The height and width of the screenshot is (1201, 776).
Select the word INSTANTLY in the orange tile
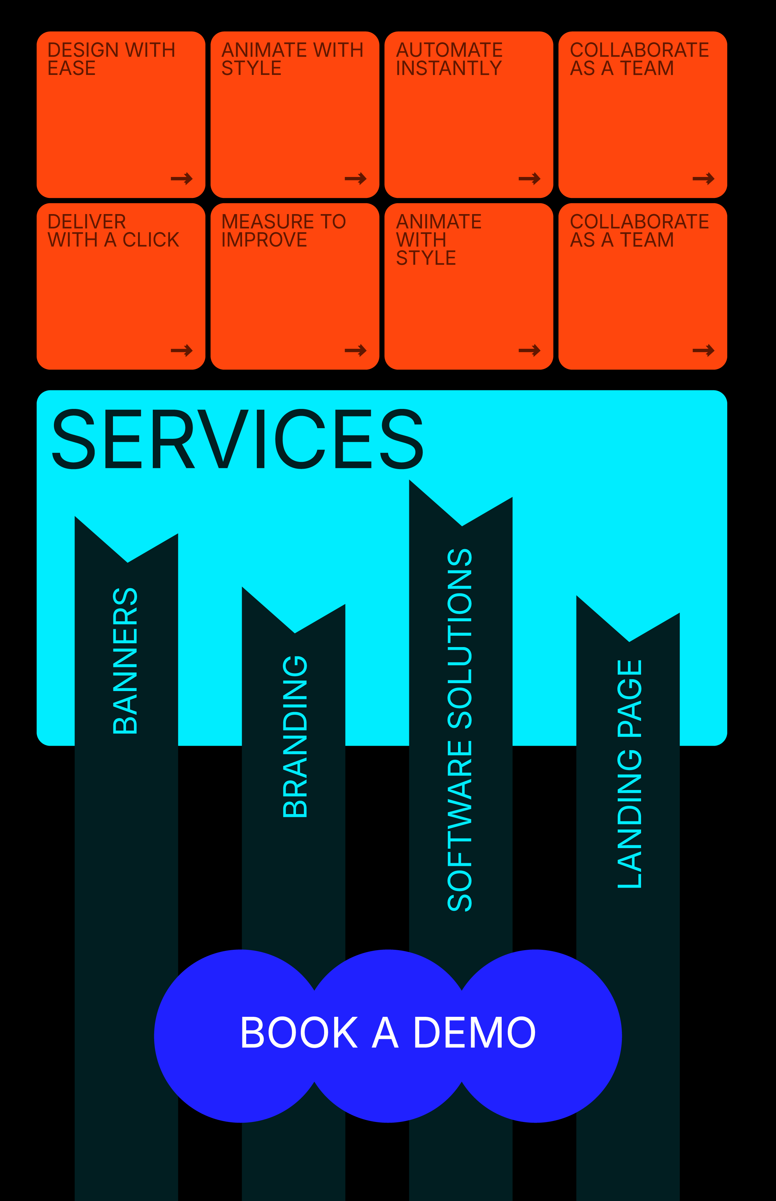448,68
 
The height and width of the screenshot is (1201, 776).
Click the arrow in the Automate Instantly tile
529,178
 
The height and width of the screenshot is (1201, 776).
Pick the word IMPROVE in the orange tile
264,240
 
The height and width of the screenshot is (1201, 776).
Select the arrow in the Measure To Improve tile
355,351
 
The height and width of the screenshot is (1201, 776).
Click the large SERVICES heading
237,439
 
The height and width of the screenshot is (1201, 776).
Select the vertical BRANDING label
295,736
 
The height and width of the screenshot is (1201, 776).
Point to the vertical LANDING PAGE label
629,774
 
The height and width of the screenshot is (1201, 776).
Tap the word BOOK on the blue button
298,1033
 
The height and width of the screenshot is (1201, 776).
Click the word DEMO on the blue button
473,1033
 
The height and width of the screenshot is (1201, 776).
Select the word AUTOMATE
449,50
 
